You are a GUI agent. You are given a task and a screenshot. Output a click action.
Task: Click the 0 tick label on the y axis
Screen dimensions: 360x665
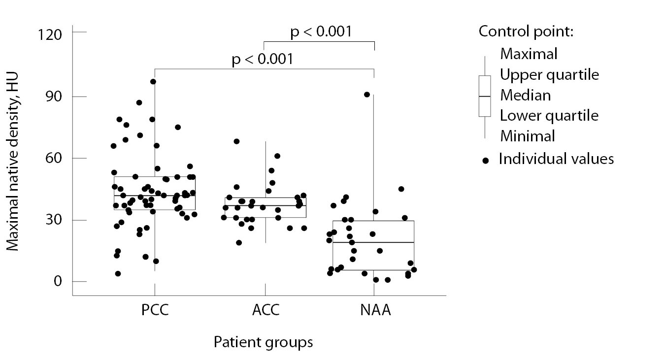[x=58, y=282]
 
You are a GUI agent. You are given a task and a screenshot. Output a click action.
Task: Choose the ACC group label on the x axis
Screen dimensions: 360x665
[x=266, y=311]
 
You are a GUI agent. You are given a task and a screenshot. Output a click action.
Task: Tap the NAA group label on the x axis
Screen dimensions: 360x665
[x=374, y=311]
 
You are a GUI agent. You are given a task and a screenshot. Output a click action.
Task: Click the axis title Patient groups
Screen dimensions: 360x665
[x=263, y=342]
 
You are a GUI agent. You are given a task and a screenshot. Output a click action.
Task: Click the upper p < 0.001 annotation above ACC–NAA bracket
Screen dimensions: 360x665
[x=321, y=32]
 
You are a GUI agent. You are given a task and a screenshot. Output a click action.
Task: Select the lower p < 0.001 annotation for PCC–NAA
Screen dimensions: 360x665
[x=263, y=60]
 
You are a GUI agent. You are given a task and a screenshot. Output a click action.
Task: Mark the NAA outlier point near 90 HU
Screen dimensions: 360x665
[x=367, y=95]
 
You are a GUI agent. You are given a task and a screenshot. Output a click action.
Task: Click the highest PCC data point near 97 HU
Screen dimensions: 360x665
[x=153, y=82]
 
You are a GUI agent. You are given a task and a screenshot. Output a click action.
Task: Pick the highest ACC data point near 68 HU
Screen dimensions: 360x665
[x=236, y=141]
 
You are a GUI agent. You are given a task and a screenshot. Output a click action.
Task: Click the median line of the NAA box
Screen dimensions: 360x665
[x=373, y=242]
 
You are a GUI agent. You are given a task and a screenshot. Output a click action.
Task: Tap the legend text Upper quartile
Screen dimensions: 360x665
[x=549, y=75]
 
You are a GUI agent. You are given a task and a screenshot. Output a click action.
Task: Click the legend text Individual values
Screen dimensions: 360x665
[x=556, y=159]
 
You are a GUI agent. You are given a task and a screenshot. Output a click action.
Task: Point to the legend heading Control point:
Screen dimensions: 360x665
[x=526, y=32]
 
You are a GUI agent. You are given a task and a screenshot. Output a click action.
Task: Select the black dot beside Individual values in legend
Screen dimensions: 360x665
[x=486, y=161]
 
